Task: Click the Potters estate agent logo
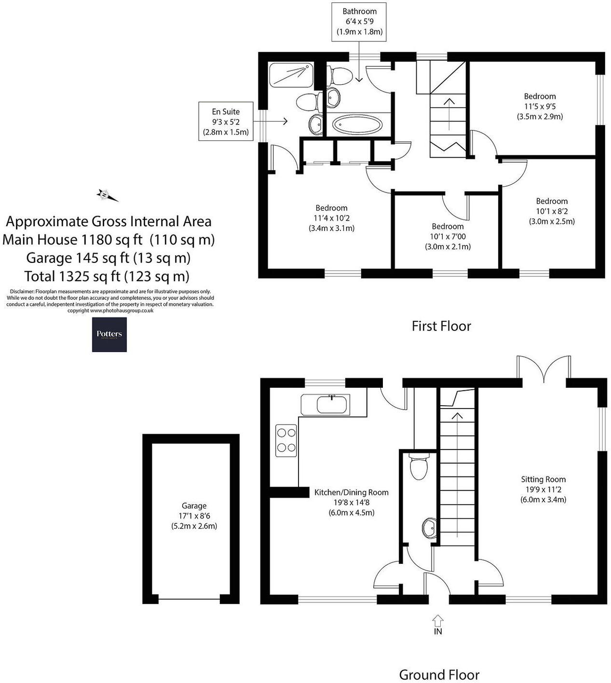109,334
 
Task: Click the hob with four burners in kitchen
286,440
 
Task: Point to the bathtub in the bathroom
357,125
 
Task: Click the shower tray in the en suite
290,75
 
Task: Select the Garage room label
194,505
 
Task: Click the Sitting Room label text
543,479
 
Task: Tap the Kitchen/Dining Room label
351,492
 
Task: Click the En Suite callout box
226,121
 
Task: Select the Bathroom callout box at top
359,22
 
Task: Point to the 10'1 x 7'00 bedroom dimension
448,236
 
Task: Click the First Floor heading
441,326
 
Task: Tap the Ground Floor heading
439,674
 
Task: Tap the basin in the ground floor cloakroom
430,528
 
